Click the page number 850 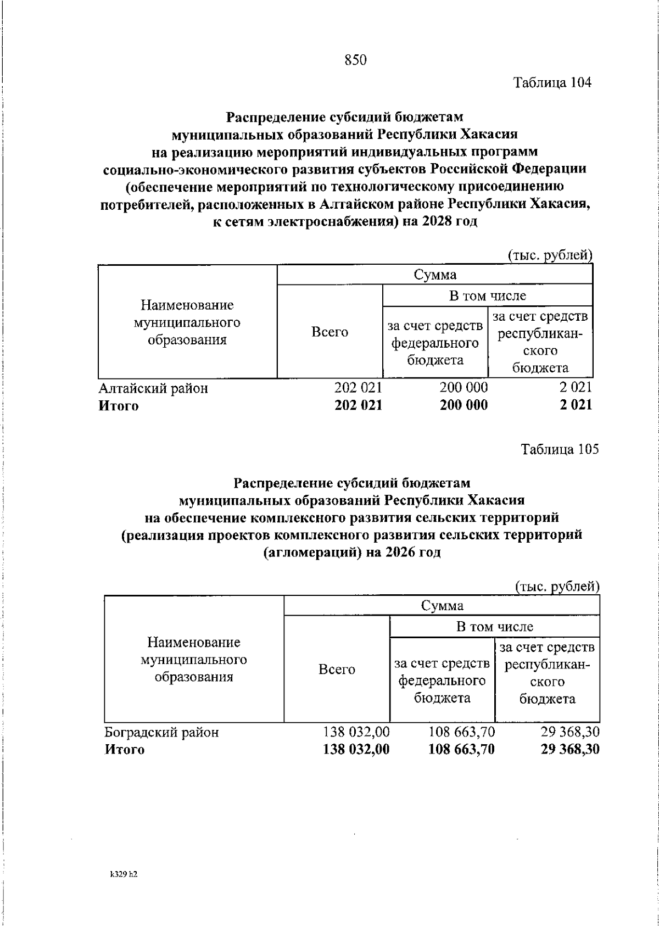click(355, 60)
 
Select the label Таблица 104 click(552, 83)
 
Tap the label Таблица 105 click(560, 449)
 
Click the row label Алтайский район click(153, 388)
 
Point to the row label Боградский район click(161, 732)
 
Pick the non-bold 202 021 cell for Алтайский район click(358, 388)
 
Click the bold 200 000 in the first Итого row click(463, 405)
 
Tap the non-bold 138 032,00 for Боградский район click(356, 732)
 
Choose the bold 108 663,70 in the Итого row click(461, 749)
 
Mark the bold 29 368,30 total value click(569, 749)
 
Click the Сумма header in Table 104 click(435, 275)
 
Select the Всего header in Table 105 click(337, 670)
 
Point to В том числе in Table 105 click(494, 626)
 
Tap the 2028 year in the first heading click(437, 221)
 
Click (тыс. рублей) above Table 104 click(549, 255)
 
